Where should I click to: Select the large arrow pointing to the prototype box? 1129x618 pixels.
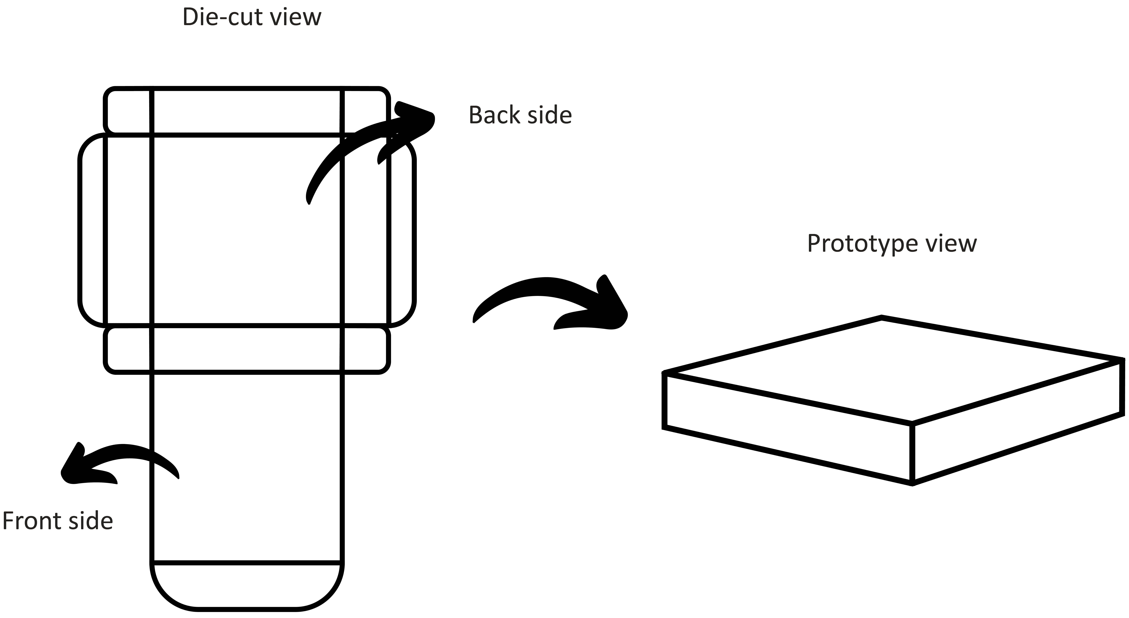coord(552,303)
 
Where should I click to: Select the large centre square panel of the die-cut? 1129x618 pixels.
coord(247,230)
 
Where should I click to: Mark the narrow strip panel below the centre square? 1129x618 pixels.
coord(247,350)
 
